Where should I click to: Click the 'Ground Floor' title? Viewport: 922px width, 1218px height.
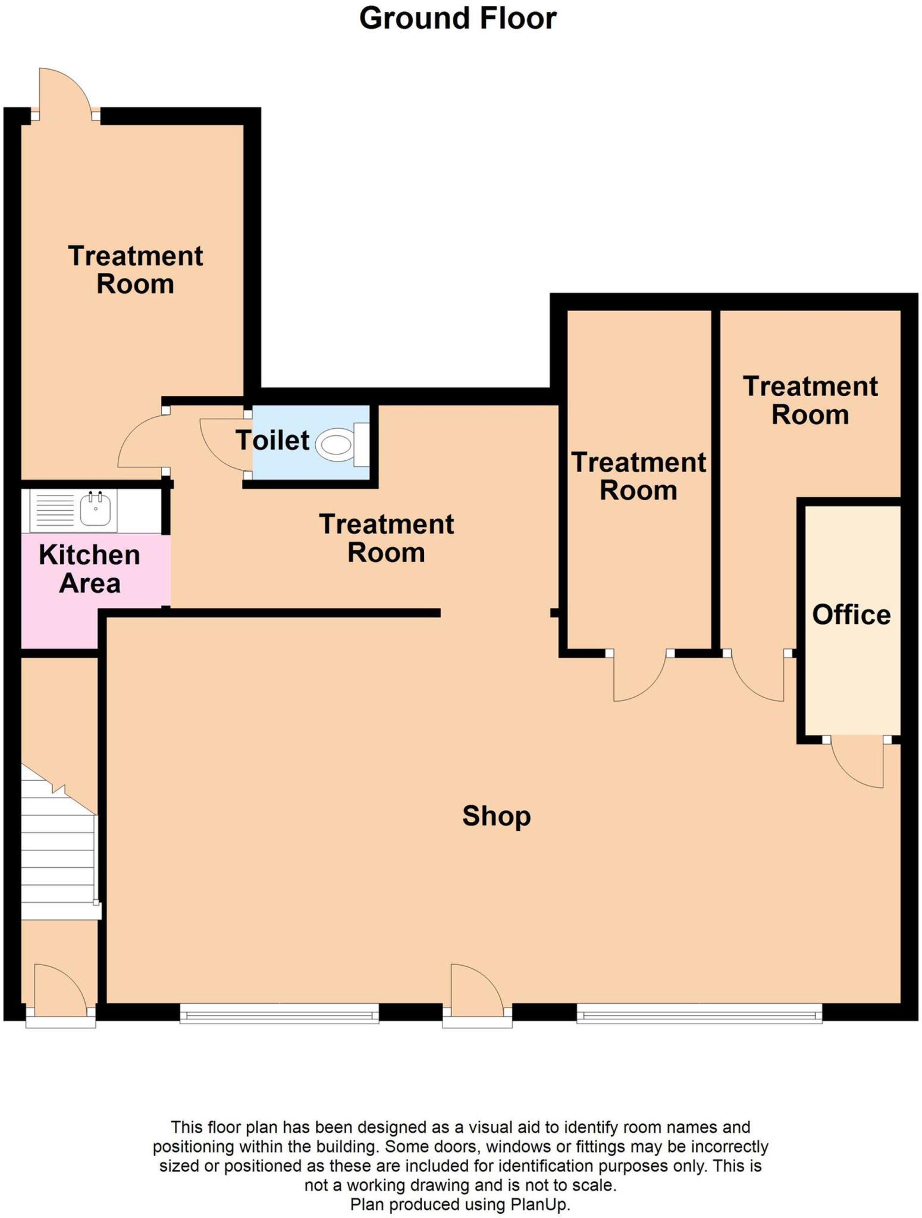457,18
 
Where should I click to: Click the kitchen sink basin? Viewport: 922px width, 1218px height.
95,510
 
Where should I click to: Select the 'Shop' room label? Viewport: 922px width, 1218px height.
496,815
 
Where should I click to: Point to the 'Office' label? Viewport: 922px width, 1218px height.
851,614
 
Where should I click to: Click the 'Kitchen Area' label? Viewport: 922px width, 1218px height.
90,569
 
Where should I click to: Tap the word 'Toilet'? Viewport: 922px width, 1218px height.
272,440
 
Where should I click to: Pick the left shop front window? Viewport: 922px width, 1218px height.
279,1013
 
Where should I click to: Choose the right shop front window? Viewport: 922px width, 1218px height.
699,1013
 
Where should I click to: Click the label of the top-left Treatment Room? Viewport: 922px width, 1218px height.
136,270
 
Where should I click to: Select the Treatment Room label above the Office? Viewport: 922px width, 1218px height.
810,400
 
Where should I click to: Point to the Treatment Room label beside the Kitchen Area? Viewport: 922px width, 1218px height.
387,538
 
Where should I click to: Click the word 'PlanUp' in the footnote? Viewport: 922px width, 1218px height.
539,1205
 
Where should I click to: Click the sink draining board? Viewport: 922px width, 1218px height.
55,510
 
